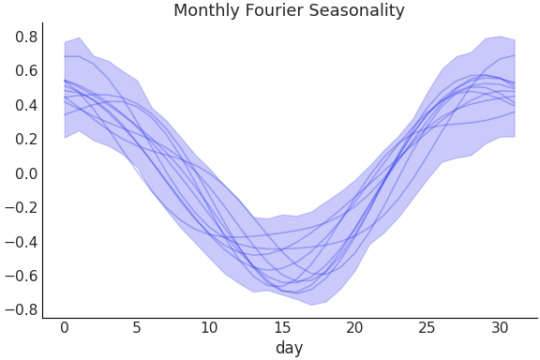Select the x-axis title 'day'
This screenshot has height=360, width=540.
tap(289, 348)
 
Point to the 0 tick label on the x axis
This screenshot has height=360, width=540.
tap(65, 327)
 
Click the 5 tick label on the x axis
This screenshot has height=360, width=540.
tap(137, 327)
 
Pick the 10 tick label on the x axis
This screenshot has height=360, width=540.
tap(209, 327)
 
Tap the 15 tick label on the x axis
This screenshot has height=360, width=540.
tap(282, 327)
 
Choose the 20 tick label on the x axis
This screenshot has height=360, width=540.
tap(354, 327)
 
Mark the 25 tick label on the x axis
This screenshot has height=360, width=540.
tap(427, 327)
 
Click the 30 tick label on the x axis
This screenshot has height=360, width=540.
tap(500, 327)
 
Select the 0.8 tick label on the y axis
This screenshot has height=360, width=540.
tap(26, 37)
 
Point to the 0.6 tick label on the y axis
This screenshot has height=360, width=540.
tap(26, 71)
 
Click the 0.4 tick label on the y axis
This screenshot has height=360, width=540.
tap(26, 105)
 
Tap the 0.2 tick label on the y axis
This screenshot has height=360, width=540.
tap(26, 140)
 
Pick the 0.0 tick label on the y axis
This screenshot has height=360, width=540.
tap(26, 173)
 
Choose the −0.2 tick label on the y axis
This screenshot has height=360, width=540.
tap(22, 207)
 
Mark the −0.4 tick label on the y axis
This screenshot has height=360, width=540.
tap(22, 242)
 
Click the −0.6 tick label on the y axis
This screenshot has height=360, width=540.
tap(22, 276)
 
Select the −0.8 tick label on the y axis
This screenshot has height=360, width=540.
tap(22, 309)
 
